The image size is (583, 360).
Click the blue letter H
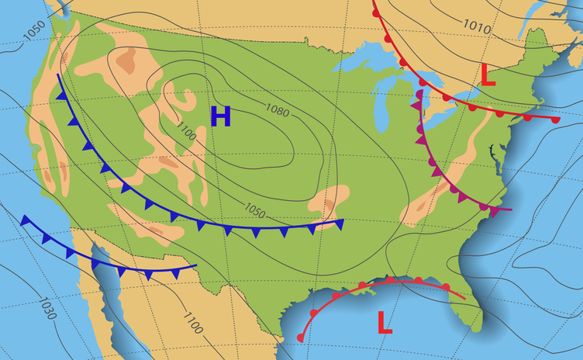click(221, 116)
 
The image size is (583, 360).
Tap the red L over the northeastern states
click(488, 75)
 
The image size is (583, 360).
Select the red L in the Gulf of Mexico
click(385, 321)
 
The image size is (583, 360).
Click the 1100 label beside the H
click(186, 133)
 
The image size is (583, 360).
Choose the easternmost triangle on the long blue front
click(339, 225)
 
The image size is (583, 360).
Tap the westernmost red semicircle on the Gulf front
click(302, 337)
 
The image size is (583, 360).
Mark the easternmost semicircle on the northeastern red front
click(555, 120)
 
